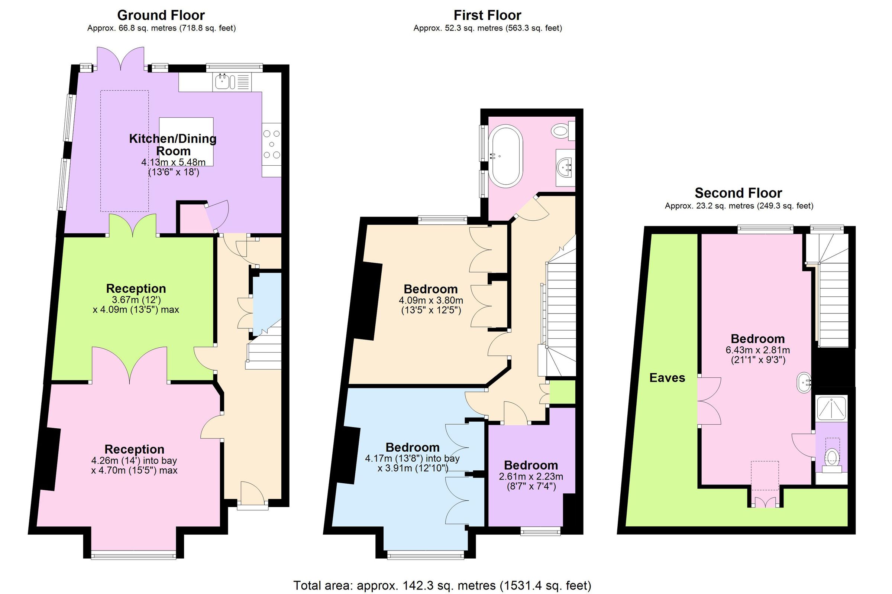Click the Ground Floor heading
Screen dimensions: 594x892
point(161,15)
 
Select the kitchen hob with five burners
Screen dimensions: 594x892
point(272,145)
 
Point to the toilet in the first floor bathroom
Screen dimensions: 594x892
point(561,132)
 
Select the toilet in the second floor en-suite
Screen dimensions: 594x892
point(832,457)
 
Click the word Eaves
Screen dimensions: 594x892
point(667,378)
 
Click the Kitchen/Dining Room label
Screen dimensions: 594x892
point(173,145)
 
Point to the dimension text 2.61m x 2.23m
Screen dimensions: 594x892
point(531,477)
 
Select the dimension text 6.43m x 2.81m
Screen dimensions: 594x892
point(757,350)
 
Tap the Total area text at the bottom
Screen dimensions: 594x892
point(442,585)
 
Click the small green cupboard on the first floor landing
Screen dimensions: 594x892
point(562,392)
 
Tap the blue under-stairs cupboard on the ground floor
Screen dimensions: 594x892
point(267,303)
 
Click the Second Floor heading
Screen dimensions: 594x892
point(738,193)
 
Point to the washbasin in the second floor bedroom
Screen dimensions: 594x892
point(803,383)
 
